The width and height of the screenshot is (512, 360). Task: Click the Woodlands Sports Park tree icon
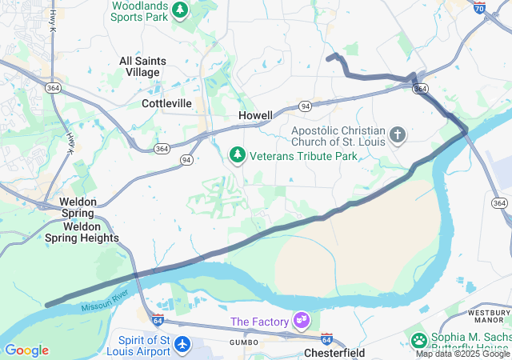(181, 10)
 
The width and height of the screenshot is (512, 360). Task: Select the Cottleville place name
(166, 103)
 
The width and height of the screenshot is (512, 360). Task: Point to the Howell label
(255, 115)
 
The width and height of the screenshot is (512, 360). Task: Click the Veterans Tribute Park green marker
(237, 154)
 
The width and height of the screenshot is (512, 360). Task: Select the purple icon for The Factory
(302, 322)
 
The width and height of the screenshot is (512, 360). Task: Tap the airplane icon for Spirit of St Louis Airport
(183, 344)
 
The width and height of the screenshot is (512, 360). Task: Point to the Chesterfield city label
(334, 353)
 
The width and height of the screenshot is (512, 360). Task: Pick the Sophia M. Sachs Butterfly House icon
(418, 340)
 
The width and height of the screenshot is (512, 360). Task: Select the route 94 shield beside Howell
(306, 106)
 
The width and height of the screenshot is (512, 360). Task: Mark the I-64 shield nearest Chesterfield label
(326, 339)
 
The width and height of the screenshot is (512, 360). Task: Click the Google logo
(26, 350)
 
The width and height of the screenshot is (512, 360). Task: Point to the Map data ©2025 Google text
(462, 354)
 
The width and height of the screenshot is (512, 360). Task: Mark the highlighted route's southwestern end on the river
(48, 305)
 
